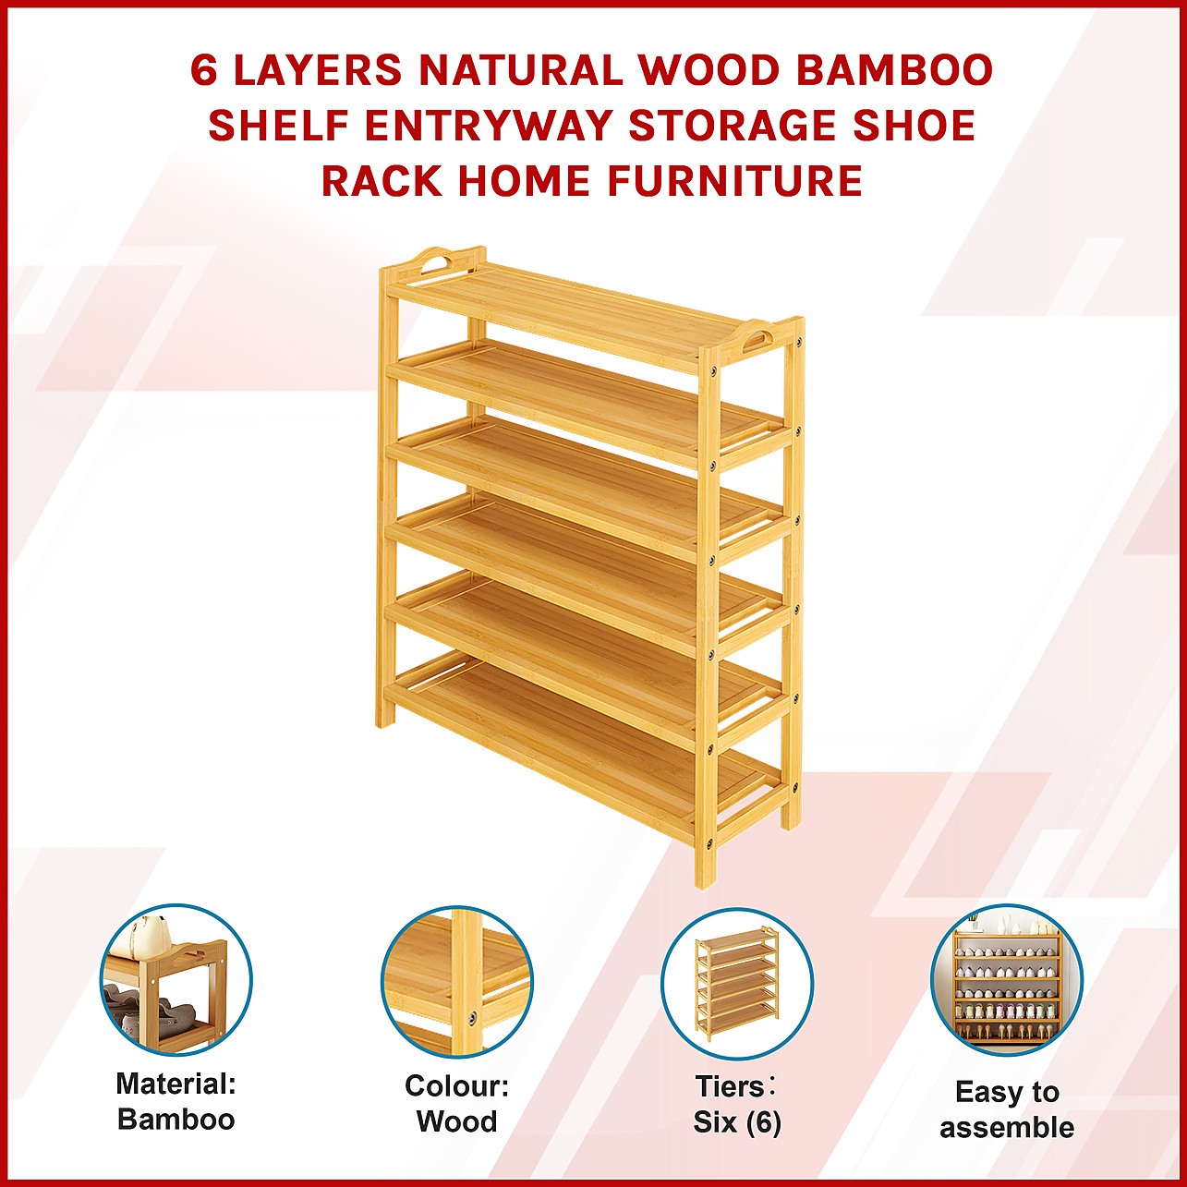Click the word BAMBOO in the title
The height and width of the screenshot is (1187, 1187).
coord(894,71)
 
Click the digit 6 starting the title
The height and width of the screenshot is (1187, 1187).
coord(203,71)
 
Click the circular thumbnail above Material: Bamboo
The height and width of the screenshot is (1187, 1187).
coord(176,980)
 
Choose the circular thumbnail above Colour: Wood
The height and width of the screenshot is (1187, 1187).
coord(456,980)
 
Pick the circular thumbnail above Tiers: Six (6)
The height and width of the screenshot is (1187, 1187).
coord(737,980)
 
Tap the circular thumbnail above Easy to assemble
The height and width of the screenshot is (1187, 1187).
coord(1007,980)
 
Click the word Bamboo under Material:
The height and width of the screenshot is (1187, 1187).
coord(176,1120)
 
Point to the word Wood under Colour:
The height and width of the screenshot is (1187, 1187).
coord(457,1121)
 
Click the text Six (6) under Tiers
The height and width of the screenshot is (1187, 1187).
coord(737,1121)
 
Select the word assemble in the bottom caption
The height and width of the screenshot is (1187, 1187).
coord(1007,1128)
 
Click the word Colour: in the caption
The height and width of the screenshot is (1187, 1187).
coord(457,1086)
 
